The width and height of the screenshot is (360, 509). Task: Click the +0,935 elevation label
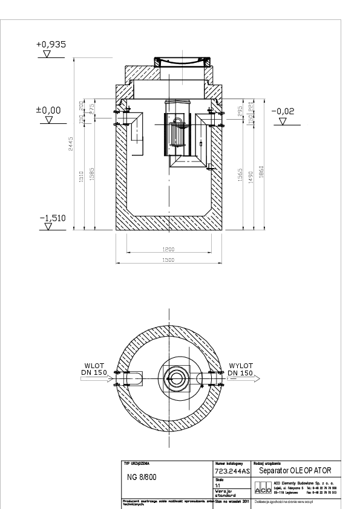point(51,45)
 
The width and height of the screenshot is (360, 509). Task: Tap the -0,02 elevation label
point(283,111)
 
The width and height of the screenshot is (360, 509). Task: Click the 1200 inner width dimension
point(168,249)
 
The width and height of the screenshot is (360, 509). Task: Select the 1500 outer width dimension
point(168,260)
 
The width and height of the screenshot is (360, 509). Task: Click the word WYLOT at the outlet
point(240,365)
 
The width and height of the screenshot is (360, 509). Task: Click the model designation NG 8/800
point(144,476)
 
